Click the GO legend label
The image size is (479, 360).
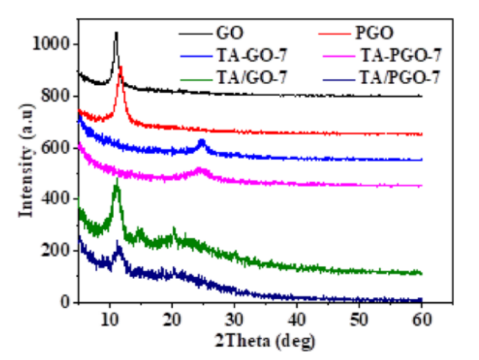coord(223,30)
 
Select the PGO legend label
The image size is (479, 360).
coord(377,30)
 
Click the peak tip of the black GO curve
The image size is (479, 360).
coord(116,32)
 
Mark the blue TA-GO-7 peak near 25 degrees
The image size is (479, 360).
coord(201,141)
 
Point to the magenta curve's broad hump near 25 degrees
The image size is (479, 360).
coord(200,170)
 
